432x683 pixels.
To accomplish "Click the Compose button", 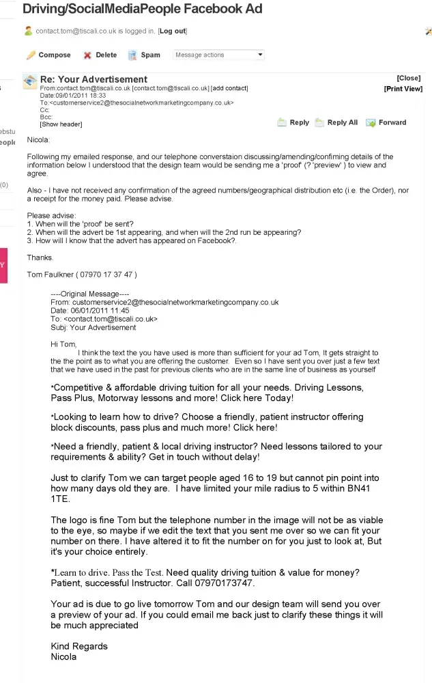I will pos(49,55).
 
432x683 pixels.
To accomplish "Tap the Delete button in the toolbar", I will pos(100,55).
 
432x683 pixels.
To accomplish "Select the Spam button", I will pos(145,55).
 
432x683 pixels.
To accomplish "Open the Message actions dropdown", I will pos(218,55).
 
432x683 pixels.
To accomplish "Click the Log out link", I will pos(173,31).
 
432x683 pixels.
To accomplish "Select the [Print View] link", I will pos(403,89).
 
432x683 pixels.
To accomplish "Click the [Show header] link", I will pos(61,124).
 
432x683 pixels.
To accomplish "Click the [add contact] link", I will pos(229,88).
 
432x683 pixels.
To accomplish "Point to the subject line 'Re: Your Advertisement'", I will pos(93,79).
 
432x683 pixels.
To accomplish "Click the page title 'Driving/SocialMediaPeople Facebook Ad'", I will pos(142,10).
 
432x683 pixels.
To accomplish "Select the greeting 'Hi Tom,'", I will pos(64,344).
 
